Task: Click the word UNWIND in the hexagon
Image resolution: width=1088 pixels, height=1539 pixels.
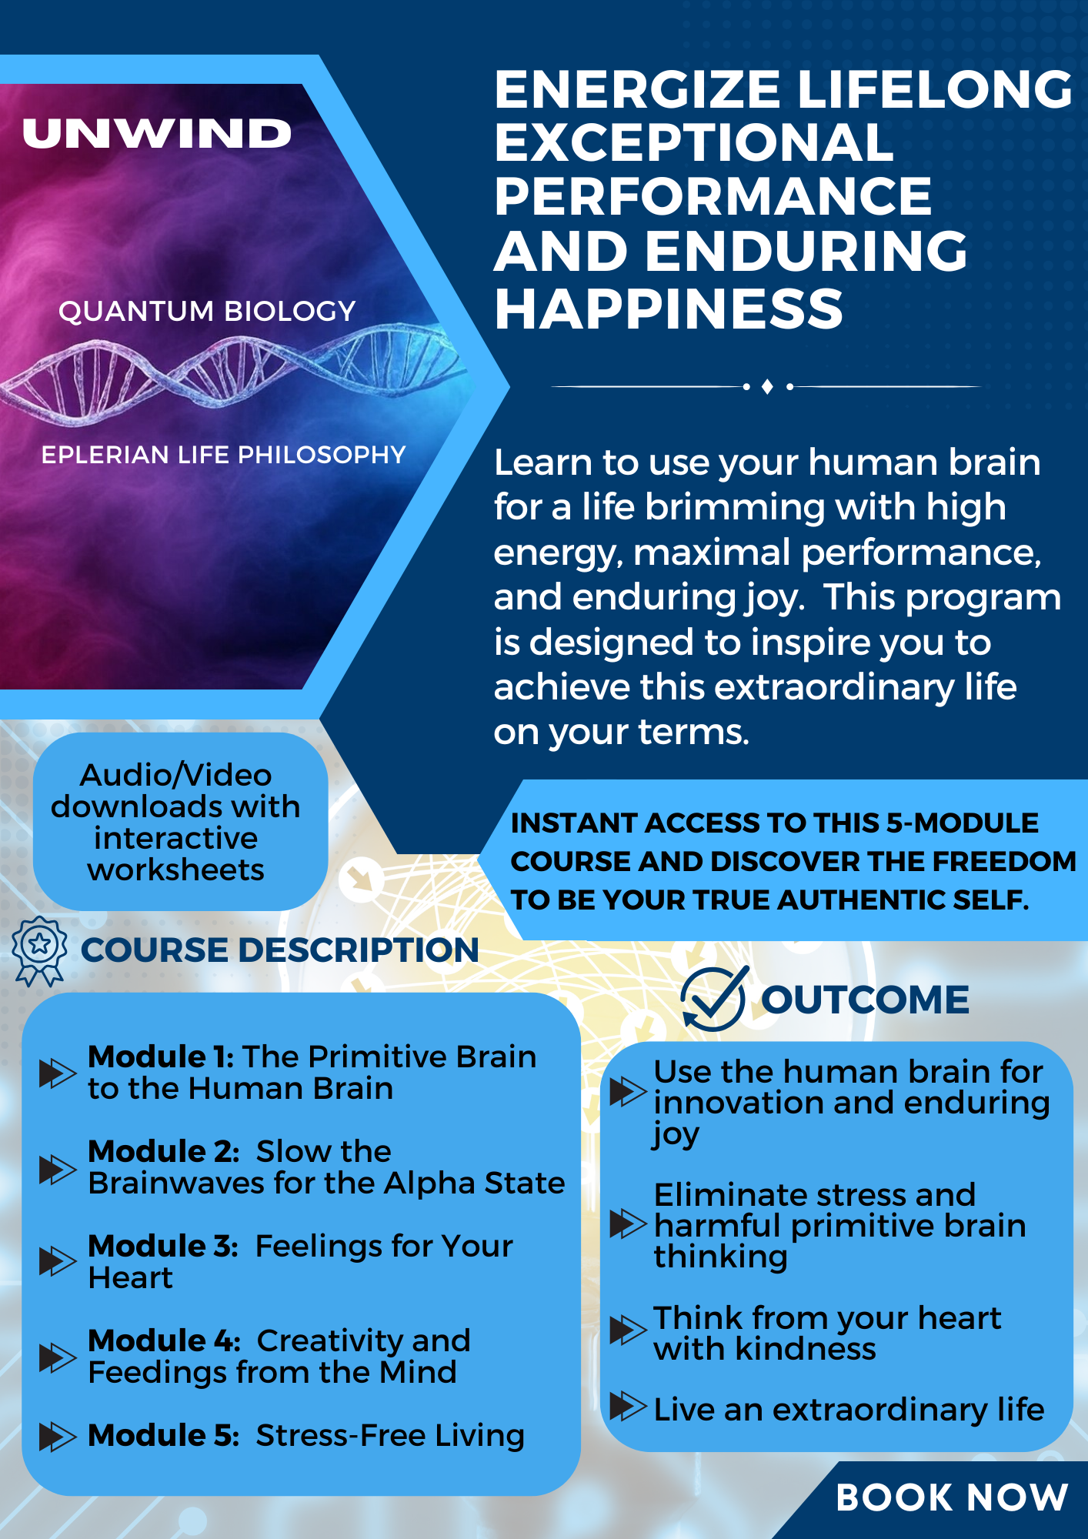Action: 157,133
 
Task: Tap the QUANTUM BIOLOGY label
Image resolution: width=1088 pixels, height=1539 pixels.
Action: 207,311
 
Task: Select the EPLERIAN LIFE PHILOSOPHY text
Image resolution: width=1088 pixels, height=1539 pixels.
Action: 223,455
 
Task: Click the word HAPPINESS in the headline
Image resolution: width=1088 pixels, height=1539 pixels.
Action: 669,309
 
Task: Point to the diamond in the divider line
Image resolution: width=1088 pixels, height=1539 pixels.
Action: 767,386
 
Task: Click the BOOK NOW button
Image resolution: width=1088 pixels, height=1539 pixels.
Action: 952,1497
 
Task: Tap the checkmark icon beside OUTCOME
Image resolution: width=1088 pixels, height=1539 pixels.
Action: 714,999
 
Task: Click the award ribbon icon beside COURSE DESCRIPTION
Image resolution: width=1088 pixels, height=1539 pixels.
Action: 39,951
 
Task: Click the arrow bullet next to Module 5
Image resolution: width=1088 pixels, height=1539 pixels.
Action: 58,1436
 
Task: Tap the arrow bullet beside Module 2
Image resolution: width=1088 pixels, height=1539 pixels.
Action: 58,1169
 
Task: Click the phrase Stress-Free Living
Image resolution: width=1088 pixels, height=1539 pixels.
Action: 390,1436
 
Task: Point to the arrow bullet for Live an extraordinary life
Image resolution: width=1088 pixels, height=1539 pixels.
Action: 628,1406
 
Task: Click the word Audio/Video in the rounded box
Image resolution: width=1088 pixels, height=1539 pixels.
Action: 175,775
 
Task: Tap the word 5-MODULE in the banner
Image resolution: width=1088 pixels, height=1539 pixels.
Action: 962,823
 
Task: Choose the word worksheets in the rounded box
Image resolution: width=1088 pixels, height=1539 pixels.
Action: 175,870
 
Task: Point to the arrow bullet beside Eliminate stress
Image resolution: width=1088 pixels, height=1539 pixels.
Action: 628,1224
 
